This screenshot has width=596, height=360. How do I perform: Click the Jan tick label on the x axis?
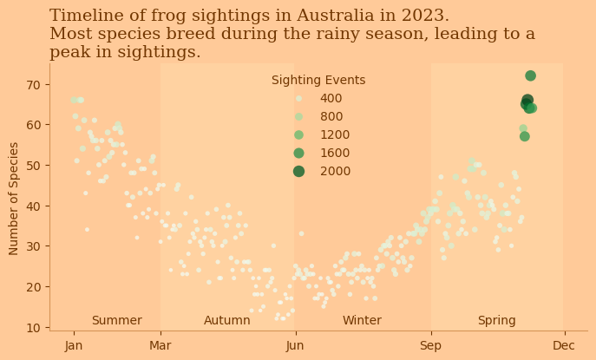click(x=74, y=346)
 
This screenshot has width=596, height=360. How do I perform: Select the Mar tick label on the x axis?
click(x=160, y=346)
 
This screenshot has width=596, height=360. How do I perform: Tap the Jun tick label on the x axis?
click(x=295, y=346)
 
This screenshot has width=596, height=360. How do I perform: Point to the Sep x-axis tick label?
click(x=431, y=346)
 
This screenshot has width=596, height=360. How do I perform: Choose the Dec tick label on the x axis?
click(x=564, y=346)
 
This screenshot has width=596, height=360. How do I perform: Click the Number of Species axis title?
click(x=15, y=198)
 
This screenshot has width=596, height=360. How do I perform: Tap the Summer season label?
click(x=116, y=321)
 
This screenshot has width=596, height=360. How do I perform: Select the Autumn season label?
click(x=227, y=321)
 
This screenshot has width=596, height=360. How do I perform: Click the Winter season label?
click(x=362, y=321)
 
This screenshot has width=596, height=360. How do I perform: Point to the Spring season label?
click(x=496, y=321)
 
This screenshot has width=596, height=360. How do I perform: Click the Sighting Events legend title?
click(x=318, y=80)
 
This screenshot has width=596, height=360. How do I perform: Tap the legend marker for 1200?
click(x=298, y=134)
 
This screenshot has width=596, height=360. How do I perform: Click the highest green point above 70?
click(x=530, y=76)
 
